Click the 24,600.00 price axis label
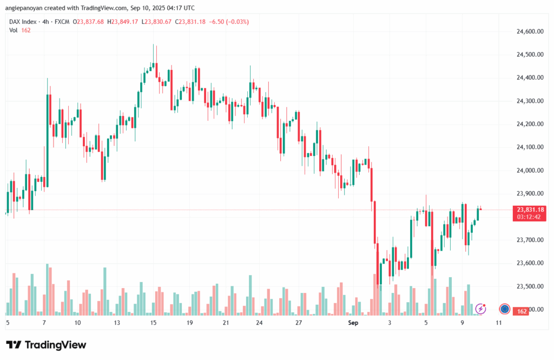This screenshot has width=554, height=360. coord(530,31)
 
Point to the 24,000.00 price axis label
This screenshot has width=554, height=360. coord(530,171)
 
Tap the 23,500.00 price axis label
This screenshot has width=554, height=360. coord(530,286)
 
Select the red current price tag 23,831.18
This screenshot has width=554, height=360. coord(530,210)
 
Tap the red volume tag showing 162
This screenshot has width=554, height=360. coord(522,311)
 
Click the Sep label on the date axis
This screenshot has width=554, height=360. coord(353,323)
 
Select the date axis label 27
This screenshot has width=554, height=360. coord(298,323)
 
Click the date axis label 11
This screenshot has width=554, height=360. coord(498,323)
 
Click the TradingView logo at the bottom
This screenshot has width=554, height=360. coord(46,345)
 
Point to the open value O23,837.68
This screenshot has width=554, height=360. coord(89,22)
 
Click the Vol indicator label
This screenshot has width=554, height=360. coord(14,30)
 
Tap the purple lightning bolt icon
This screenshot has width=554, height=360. coord(480,309)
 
